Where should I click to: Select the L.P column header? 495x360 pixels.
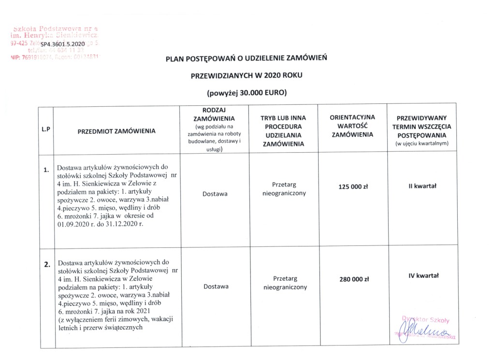(x=46, y=129)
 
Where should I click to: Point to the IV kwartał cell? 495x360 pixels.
(x=422, y=276)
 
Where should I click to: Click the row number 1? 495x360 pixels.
(x=46, y=170)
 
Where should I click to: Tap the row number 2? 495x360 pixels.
(x=46, y=264)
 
